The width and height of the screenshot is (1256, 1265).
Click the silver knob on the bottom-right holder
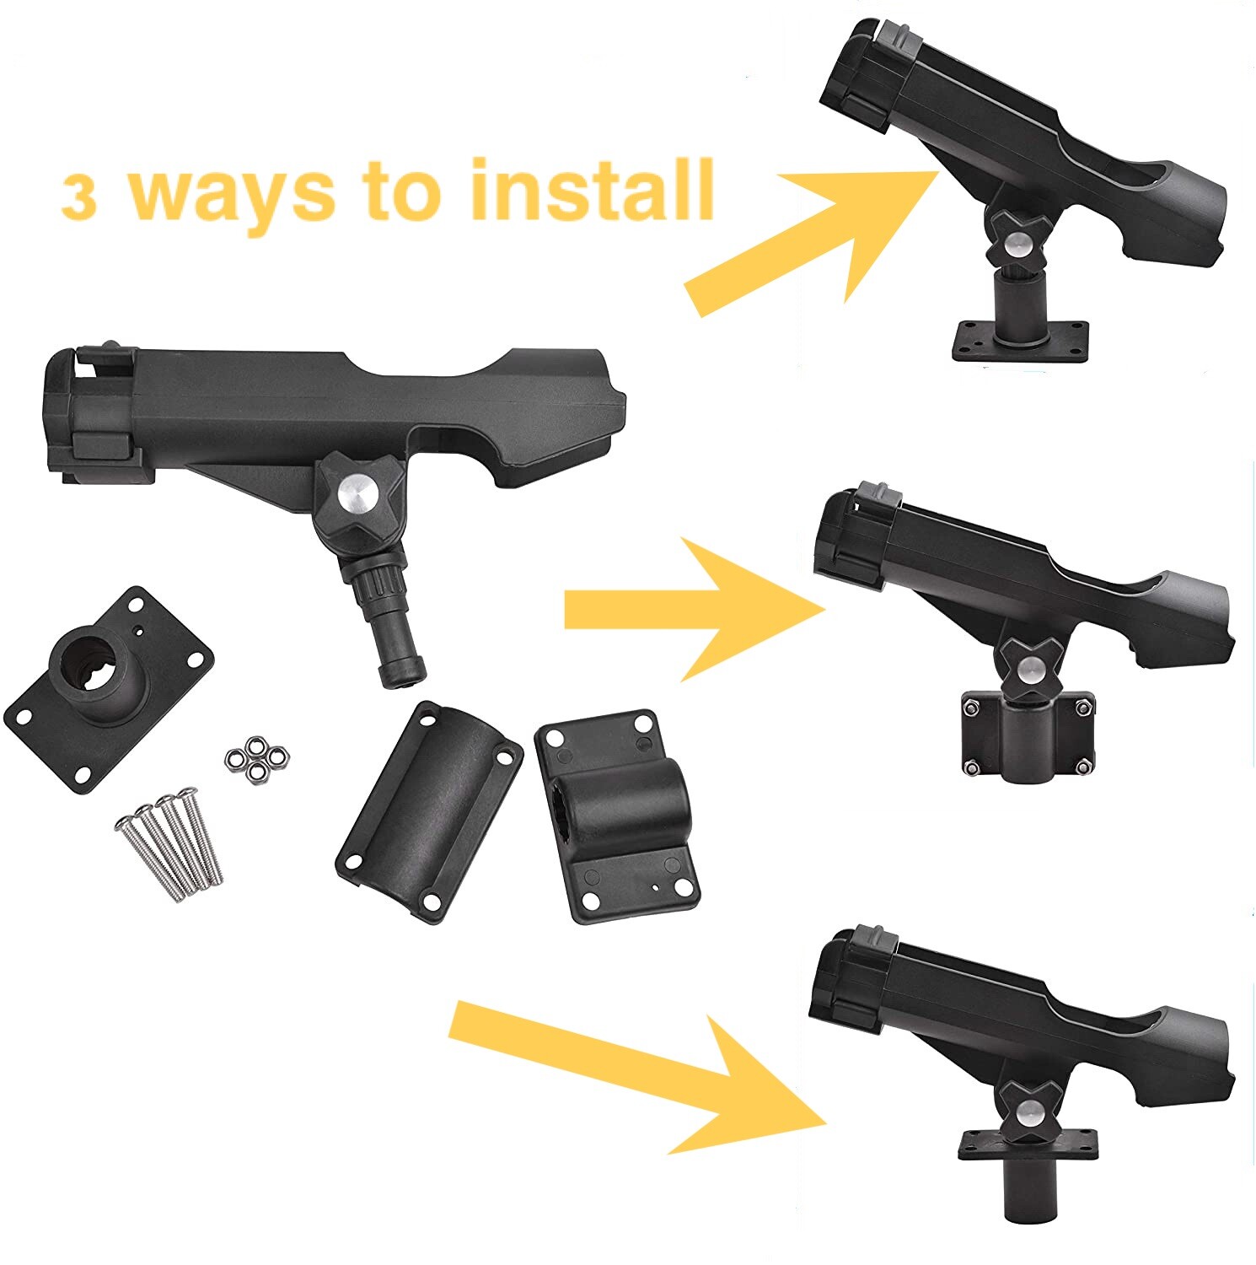[1028, 1115]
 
